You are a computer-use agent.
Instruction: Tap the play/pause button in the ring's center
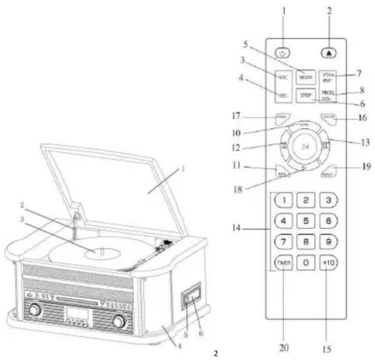[x=305, y=148]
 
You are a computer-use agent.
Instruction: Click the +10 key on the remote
[x=328, y=263]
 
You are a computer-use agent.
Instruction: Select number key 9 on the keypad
[x=328, y=242]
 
